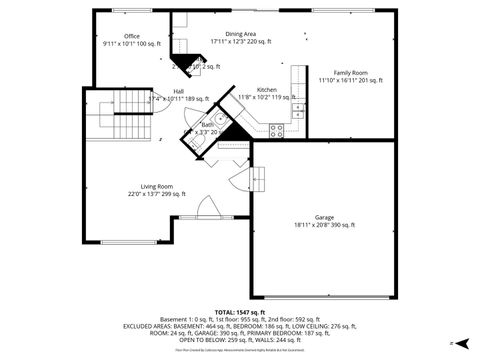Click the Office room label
click(131, 36)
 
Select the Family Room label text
click(350, 72)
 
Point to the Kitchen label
click(266, 90)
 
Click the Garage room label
click(324, 218)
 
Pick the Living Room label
click(156, 186)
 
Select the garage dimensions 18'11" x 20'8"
click(324, 226)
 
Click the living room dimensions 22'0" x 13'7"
click(156, 194)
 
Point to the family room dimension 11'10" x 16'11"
click(350, 80)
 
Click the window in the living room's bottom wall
click(128, 243)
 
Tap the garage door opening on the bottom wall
click(325, 297)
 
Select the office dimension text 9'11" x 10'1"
click(131, 44)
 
